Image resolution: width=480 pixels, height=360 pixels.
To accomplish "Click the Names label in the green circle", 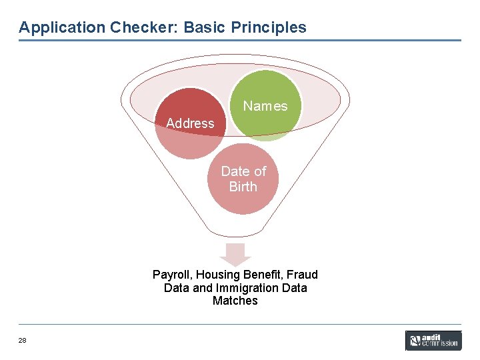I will [265, 106].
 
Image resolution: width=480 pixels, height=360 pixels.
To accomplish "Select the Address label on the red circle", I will [190, 123].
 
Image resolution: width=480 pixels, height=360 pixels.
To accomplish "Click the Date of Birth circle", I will [243, 179].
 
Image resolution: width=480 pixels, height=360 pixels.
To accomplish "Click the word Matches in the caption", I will [235, 301].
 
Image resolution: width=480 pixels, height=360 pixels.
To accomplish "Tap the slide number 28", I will [23, 341].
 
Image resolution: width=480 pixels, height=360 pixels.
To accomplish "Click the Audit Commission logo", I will [433, 340].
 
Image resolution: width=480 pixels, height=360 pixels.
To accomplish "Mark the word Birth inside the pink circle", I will [243, 187].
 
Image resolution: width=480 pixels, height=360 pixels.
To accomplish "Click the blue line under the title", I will [239, 40].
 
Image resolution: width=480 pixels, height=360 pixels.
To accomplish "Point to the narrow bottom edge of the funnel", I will [235, 235].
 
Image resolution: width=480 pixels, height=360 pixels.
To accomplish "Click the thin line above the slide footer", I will [239, 325].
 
